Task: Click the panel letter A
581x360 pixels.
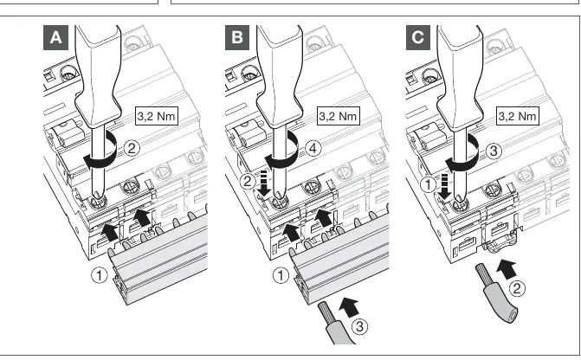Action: (x=55, y=37)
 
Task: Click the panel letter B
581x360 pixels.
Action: (x=237, y=37)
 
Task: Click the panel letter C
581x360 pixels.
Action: (x=418, y=37)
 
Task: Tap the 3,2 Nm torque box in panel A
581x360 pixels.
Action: (x=156, y=116)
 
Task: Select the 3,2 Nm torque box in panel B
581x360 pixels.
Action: (x=338, y=116)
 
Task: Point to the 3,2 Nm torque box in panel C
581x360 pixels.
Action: (x=517, y=116)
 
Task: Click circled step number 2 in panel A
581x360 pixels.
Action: (x=131, y=149)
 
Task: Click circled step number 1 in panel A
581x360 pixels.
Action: (x=100, y=275)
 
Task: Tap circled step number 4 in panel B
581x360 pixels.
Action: (x=313, y=149)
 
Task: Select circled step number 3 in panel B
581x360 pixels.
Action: (x=359, y=326)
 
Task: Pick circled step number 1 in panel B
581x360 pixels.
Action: (x=281, y=275)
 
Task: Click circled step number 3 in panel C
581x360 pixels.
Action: (x=494, y=151)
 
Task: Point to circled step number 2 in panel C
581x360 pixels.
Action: (x=517, y=288)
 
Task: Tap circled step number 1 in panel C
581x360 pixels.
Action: (x=429, y=184)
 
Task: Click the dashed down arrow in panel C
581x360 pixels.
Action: (x=445, y=186)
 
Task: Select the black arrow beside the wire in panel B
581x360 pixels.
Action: (x=349, y=307)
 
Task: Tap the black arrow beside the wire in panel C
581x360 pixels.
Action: (x=507, y=269)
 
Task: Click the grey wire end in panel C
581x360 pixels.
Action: (x=496, y=293)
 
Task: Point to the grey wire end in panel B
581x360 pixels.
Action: (x=334, y=323)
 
